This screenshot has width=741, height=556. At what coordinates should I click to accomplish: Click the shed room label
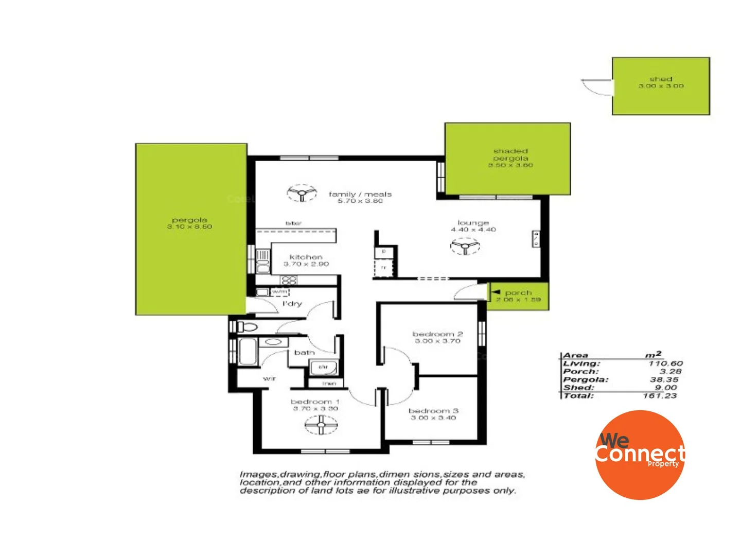tap(661, 79)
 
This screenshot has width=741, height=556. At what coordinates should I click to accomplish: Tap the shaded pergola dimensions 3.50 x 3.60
tap(510, 165)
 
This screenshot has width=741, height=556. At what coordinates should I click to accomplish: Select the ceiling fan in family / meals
tap(302, 194)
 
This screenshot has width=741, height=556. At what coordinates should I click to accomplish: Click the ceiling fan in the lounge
tap(465, 247)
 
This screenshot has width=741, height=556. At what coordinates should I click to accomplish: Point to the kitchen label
tap(306, 257)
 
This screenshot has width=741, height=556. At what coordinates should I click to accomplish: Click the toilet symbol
tap(246, 326)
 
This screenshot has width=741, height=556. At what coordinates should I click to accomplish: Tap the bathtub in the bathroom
tap(248, 352)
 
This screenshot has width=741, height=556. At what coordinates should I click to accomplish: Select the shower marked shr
tap(323, 368)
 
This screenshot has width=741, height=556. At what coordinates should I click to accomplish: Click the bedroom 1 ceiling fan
tap(321, 425)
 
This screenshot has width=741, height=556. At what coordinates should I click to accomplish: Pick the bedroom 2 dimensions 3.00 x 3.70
tap(437, 341)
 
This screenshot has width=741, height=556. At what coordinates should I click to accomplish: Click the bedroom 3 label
tap(433, 411)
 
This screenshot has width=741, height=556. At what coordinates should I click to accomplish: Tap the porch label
tap(518, 292)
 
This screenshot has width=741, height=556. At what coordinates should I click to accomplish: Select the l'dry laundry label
tap(292, 304)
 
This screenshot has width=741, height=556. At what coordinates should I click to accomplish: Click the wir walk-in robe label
tap(269, 378)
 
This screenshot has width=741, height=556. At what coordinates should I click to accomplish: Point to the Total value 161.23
tap(660, 396)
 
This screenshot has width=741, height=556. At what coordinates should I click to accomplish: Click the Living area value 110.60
tap(665, 363)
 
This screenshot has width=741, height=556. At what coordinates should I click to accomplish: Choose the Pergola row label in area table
tap(586, 379)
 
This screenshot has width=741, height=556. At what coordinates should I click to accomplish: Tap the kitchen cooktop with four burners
tap(289, 281)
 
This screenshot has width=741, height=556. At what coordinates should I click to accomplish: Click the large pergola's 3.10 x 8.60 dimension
tap(189, 227)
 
